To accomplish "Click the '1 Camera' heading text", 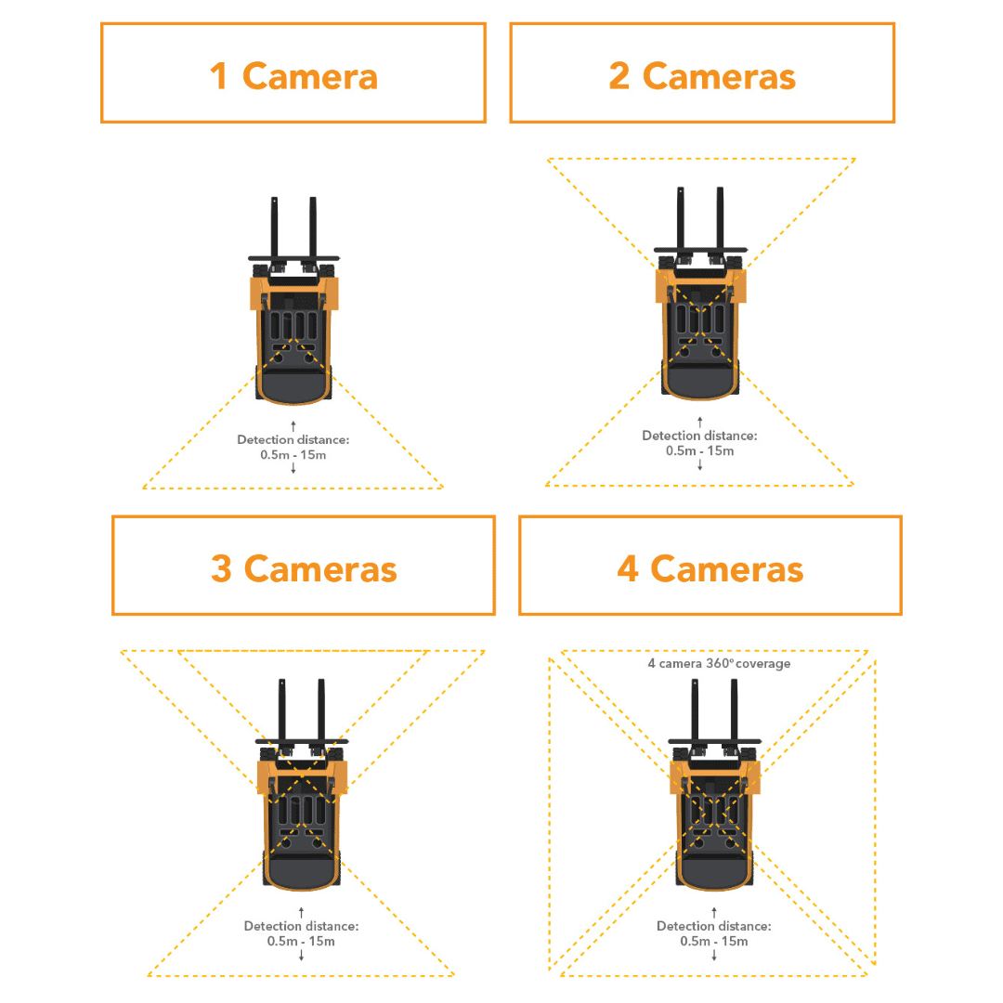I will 293,75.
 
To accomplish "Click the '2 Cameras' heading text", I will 702,75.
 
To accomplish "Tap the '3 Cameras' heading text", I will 304,567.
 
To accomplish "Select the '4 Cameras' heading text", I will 710,567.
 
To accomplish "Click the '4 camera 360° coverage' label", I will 719,664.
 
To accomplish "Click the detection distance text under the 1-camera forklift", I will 293,447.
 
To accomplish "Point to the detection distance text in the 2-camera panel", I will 699,443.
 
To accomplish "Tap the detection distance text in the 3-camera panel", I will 301,932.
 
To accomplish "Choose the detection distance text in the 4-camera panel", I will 713,932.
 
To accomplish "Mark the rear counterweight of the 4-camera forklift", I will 713,873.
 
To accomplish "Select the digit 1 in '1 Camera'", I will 219,75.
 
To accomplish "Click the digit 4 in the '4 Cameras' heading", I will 628,567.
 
